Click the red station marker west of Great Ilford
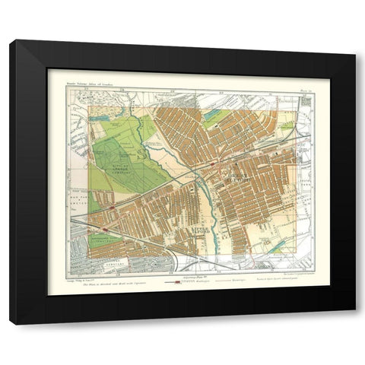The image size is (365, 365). [x=218, y=163]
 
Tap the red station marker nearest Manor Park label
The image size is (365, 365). [x=113, y=205]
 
